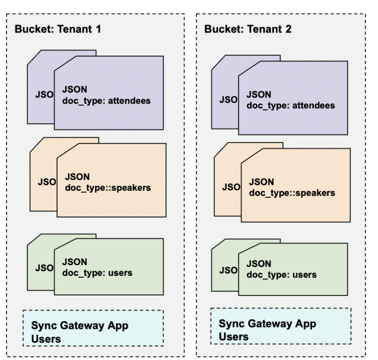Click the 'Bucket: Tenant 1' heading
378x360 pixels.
[58, 29]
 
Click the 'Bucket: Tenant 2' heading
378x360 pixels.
[248, 29]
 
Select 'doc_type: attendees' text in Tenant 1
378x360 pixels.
[106, 101]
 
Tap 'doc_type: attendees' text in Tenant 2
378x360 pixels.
[290, 105]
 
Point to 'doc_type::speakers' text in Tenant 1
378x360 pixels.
[108, 187]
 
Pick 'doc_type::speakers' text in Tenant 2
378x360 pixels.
[292, 192]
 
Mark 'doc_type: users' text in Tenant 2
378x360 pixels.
[281, 274]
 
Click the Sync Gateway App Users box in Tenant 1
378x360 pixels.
[93, 328]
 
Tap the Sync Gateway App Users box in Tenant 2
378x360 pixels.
[281, 326]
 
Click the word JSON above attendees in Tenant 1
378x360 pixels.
[74, 90]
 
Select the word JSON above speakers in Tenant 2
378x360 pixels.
[261, 181]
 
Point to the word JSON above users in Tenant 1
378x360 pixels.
[74, 262]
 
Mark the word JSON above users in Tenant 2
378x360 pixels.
[259, 264]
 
